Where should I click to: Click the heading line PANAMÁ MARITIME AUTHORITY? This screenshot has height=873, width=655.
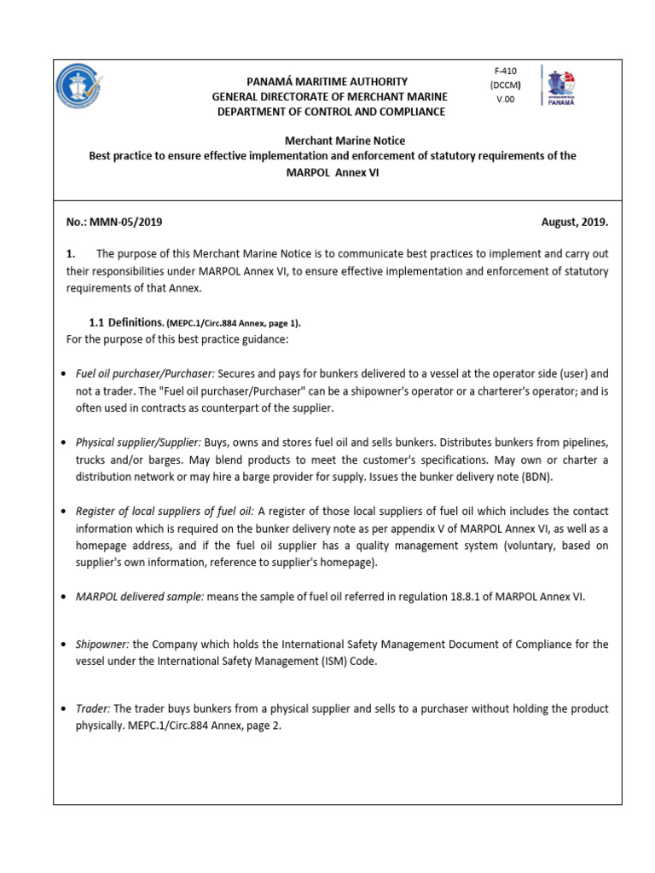[x=328, y=81]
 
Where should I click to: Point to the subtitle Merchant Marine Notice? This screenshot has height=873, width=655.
[x=333, y=140]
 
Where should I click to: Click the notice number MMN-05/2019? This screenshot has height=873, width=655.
[x=113, y=222]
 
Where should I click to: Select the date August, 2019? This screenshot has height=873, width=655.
[x=575, y=222]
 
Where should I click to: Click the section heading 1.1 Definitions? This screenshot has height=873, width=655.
[x=127, y=323]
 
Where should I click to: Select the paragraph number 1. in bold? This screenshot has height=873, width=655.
[x=72, y=253]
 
